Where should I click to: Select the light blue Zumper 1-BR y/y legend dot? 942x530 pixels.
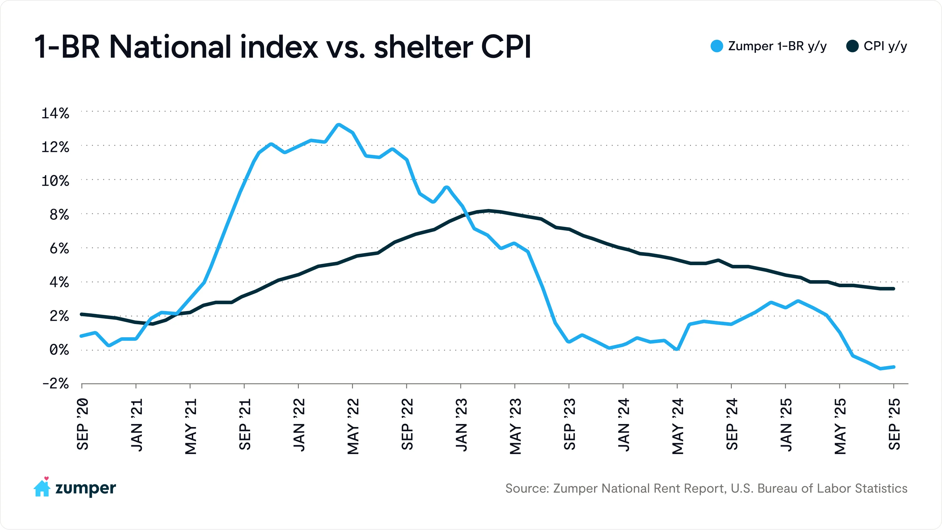click(x=717, y=46)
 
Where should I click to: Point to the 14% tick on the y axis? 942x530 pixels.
click(x=55, y=113)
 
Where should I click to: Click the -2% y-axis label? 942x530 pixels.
click(x=55, y=384)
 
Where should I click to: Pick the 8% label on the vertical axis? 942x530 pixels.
click(x=59, y=215)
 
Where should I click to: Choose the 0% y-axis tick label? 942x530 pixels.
click(x=59, y=350)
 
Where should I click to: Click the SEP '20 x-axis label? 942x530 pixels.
click(x=83, y=424)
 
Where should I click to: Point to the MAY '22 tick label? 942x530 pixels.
click(x=353, y=426)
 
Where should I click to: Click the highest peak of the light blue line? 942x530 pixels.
click(x=339, y=125)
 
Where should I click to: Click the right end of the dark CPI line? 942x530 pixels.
click(x=894, y=289)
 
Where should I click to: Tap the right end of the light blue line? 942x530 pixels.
click(x=894, y=367)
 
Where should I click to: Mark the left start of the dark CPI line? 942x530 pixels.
click(x=82, y=314)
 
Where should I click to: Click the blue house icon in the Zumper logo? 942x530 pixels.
click(x=42, y=488)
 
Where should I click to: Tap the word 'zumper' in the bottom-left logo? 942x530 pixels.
click(x=86, y=488)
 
